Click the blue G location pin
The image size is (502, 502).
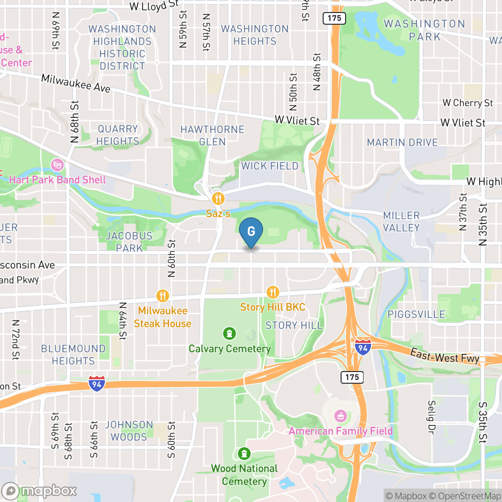coord(251,232)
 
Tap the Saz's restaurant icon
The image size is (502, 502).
coord(218,198)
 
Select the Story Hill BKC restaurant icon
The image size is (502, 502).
coord(273,293)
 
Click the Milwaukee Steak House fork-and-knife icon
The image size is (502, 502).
coord(163,296)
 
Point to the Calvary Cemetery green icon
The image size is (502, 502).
coord(229,333)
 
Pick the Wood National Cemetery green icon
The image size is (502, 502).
coord(244,454)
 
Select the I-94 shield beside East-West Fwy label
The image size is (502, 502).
coord(363,347)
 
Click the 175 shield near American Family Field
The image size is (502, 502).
coord(352,377)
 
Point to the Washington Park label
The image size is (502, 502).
coord(424,30)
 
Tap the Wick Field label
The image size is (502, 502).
coord(270,166)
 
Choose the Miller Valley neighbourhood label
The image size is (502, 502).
coord(402,221)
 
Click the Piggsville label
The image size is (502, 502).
coord(417,314)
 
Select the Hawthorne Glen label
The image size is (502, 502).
coord(212,135)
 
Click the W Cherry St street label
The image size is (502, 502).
coord(467,103)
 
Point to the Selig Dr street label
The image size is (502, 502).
coord(432,415)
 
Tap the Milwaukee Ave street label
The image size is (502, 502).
coord(76,83)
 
